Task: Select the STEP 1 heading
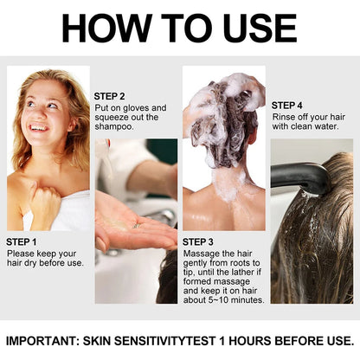[22, 241]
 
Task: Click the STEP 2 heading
[110, 96]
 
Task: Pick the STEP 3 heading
[200, 241]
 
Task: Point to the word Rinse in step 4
[284, 117]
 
